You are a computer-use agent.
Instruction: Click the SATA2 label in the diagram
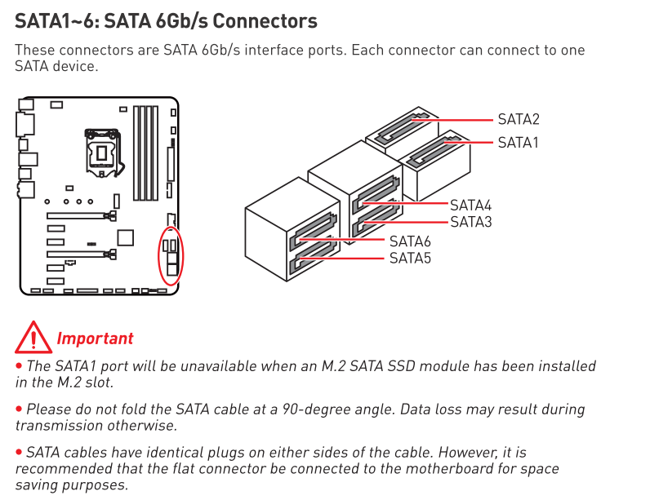[519, 119]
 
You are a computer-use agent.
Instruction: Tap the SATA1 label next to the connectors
[518, 143]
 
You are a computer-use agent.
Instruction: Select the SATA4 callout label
[470, 206]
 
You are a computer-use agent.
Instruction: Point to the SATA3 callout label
[471, 222]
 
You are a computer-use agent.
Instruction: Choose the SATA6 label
[410, 241]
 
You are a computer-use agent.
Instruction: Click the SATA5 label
[410, 259]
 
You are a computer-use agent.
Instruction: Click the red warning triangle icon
[33, 338]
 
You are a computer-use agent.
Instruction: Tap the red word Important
[95, 338]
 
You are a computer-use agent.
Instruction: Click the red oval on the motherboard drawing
[159, 256]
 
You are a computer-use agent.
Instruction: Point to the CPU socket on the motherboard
[103, 153]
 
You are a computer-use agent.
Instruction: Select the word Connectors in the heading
[265, 21]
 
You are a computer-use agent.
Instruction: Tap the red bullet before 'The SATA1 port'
[19, 365]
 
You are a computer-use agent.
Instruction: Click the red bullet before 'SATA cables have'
[19, 452]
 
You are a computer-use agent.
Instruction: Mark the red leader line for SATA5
[341, 259]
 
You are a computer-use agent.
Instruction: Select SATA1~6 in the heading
[58, 21]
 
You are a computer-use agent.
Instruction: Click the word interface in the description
[274, 50]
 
